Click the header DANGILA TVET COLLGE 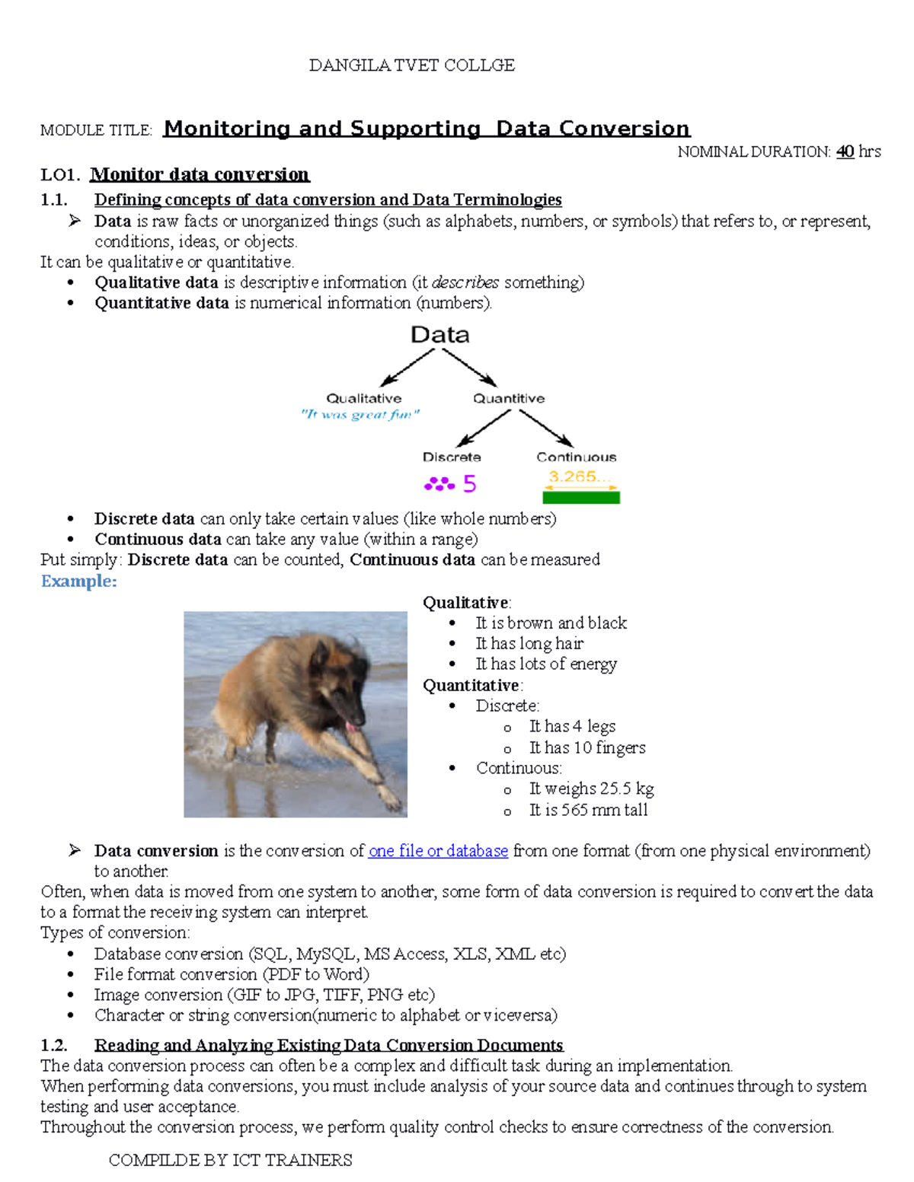[x=411, y=65]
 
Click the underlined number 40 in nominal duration [x=845, y=151]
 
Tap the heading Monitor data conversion [x=200, y=174]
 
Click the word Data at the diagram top [x=439, y=335]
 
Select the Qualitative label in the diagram [x=363, y=398]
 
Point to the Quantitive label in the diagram [x=509, y=398]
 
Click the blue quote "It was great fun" [x=360, y=415]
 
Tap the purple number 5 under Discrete [x=469, y=483]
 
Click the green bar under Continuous [x=580, y=498]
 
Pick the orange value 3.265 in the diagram [x=577, y=477]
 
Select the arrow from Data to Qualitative [x=407, y=367]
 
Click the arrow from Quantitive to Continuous [x=545, y=428]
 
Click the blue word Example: [x=78, y=581]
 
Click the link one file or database [x=438, y=851]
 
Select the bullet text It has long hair [x=529, y=644]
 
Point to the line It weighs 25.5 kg [x=591, y=789]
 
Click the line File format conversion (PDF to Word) [x=232, y=974]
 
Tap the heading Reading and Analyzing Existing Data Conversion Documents [x=328, y=1045]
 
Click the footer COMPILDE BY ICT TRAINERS [x=230, y=1160]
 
